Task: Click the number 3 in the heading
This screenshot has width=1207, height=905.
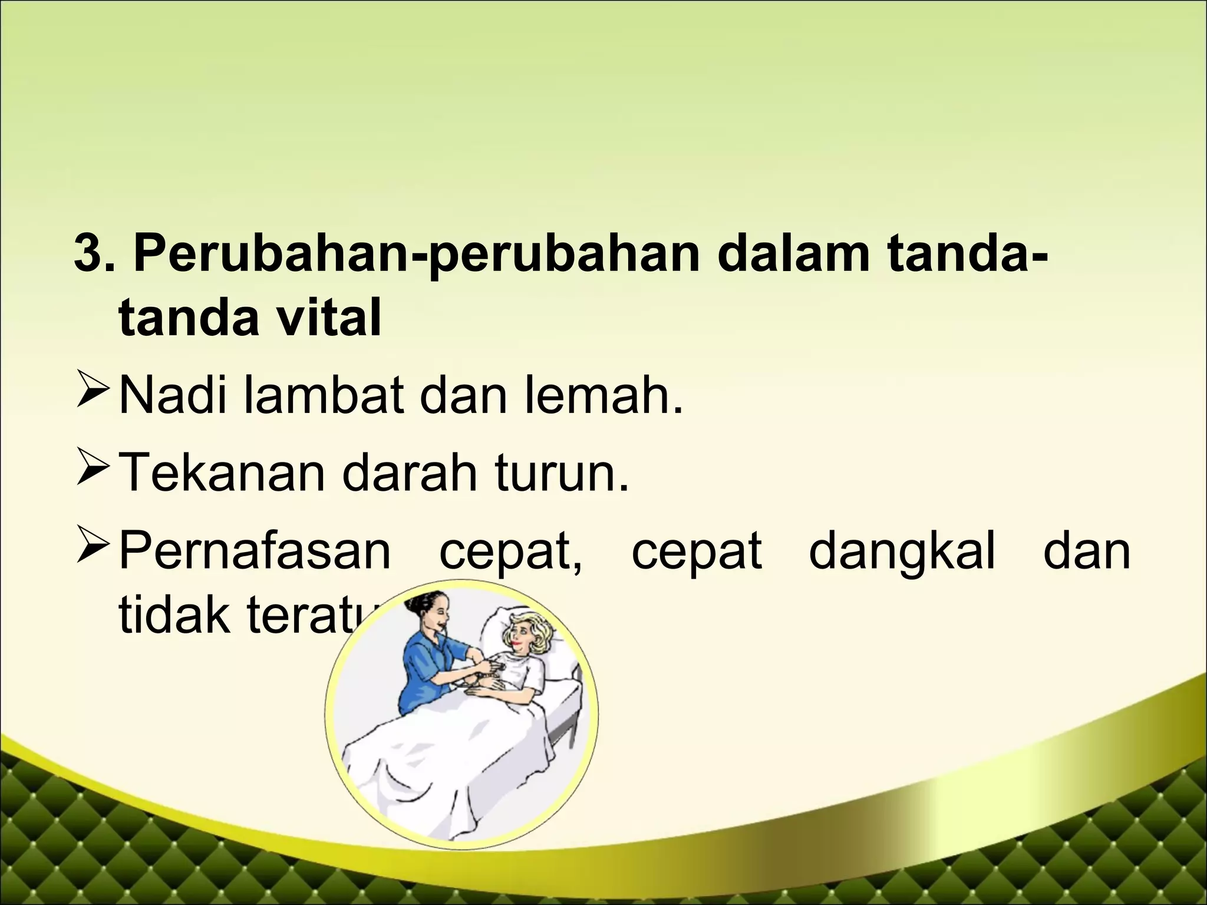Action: click(x=86, y=256)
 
